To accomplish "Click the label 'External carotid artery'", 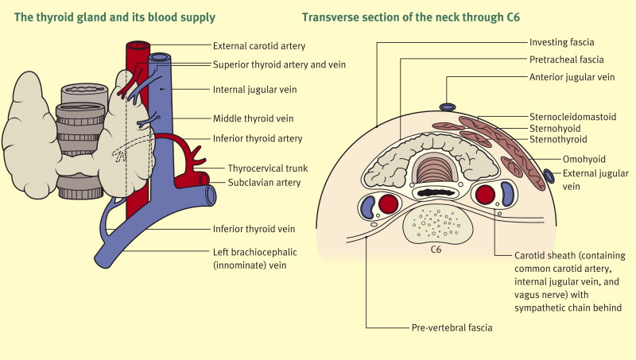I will click(x=260, y=46).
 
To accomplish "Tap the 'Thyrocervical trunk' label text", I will click(x=257, y=168).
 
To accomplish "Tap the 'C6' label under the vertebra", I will click(x=436, y=250).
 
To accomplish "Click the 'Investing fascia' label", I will click(x=564, y=41).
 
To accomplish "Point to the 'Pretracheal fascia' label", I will click(x=567, y=60).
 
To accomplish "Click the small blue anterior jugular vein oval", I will click(x=448, y=107).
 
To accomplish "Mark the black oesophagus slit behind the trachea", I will click(x=435, y=193).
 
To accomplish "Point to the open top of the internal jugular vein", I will click(x=159, y=57).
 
